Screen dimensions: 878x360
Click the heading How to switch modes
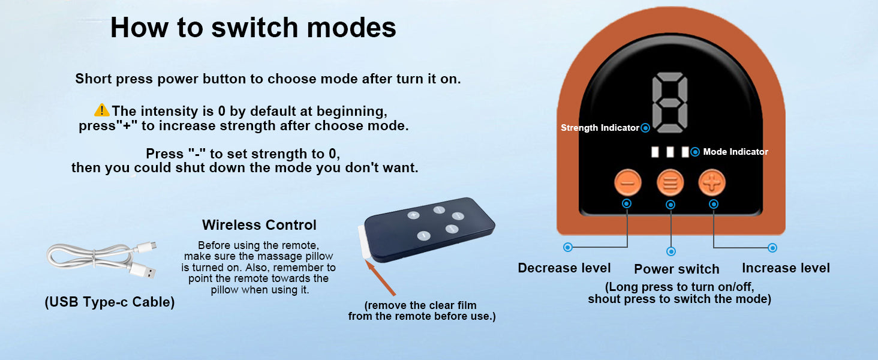point(253,28)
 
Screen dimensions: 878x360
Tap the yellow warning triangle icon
point(102,110)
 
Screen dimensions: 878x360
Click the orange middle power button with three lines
point(670,182)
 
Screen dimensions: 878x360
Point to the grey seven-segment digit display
point(670,103)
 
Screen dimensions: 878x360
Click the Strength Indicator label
point(600,128)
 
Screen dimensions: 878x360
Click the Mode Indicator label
point(736,152)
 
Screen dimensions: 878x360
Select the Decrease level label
point(564,268)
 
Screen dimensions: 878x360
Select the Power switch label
point(676,269)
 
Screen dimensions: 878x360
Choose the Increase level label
point(786,268)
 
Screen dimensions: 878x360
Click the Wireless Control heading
point(259,225)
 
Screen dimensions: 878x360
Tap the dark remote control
point(429,229)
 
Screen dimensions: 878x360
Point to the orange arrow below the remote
point(380,278)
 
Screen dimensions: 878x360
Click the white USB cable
point(102,259)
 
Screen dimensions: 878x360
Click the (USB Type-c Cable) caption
point(110,302)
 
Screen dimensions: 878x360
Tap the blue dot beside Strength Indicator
point(645,128)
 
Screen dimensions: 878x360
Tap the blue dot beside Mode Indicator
point(695,152)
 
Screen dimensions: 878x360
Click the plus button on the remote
point(413,215)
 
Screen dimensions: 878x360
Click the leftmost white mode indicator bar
point(655,152)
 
